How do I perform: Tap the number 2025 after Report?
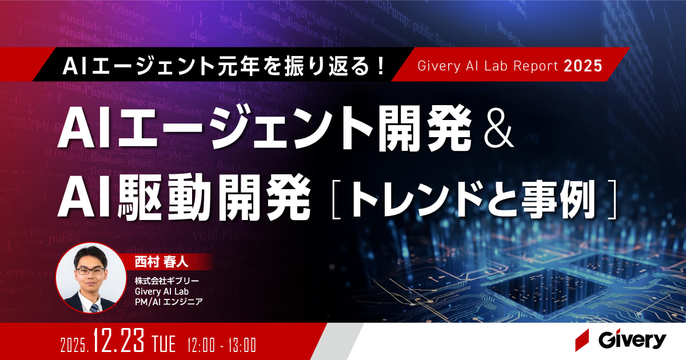pyautogui.click(x=583, y=66)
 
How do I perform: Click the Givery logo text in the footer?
pyautogui.click(x=632, y=341)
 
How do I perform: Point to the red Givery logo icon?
pyautogui.click(x=583, y=341)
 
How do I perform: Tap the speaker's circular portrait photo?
pyautogui.click(x=88, y=278)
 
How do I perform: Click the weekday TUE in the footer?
pyautogui.click(x=165, y=344)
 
